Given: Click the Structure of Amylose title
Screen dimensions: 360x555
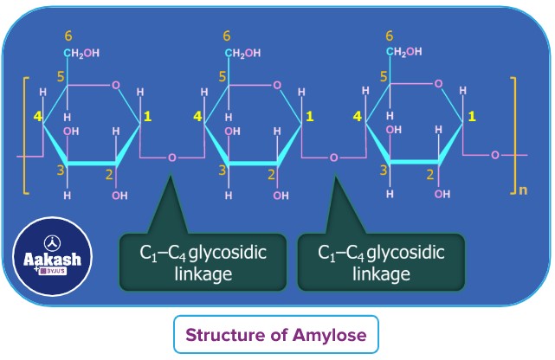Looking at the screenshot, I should [277, 335].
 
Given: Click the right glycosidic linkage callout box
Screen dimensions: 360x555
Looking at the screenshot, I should [381, 262].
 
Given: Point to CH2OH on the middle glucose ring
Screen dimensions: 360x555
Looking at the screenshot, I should [244, 54].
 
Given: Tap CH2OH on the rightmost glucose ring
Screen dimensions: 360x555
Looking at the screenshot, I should [404, 54].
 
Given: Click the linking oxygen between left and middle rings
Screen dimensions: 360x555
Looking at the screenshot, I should [172, 158].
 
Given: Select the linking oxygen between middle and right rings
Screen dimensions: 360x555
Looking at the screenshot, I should [333, 158].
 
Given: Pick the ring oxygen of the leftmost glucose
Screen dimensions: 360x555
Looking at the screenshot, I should [116, 85].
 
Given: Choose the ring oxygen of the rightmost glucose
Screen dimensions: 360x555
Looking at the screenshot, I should [438, 85].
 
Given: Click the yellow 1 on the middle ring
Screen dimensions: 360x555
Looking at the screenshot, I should [310, 115].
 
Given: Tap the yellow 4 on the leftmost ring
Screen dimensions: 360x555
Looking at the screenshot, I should [37, 115].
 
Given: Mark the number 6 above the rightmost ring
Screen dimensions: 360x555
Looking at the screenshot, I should [389, 36].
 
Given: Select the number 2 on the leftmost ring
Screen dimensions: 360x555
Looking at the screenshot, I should [110, 174].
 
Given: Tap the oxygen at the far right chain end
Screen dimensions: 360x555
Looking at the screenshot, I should [495, 155].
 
